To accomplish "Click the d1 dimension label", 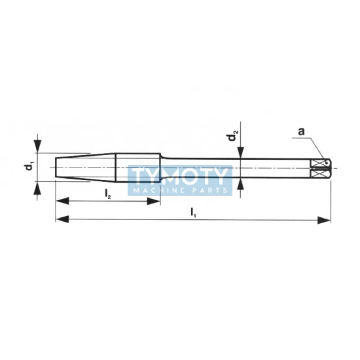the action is click(29, 166).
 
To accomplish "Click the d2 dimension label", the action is click(233, 135).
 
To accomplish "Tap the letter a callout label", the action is click(301, 131).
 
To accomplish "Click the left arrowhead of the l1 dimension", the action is click(62, 219).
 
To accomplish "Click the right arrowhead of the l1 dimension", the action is click(324, 220).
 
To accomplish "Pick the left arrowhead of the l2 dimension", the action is click(63, 200).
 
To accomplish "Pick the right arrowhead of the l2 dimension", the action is click(153, 201).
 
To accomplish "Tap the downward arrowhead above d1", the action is click(38, 146).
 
